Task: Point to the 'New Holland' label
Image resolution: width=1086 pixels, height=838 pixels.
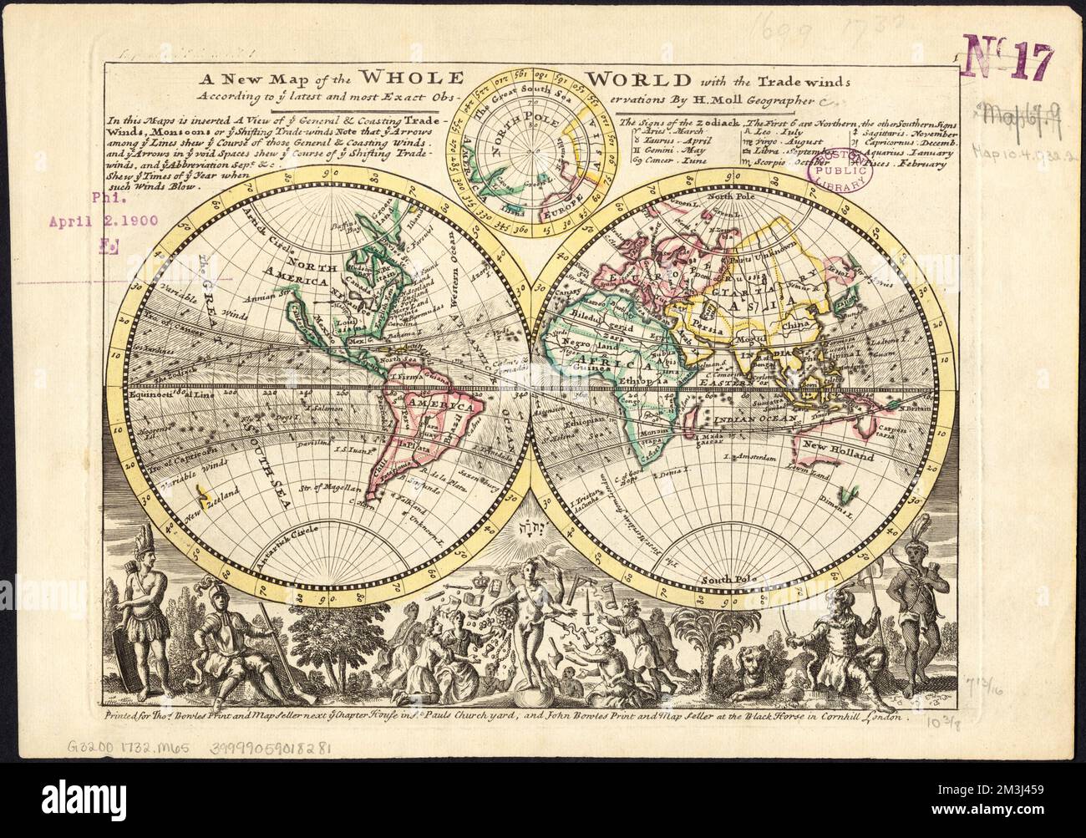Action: (838, 455)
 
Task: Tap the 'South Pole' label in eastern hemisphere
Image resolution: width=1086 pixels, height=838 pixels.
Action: (723, 579)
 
